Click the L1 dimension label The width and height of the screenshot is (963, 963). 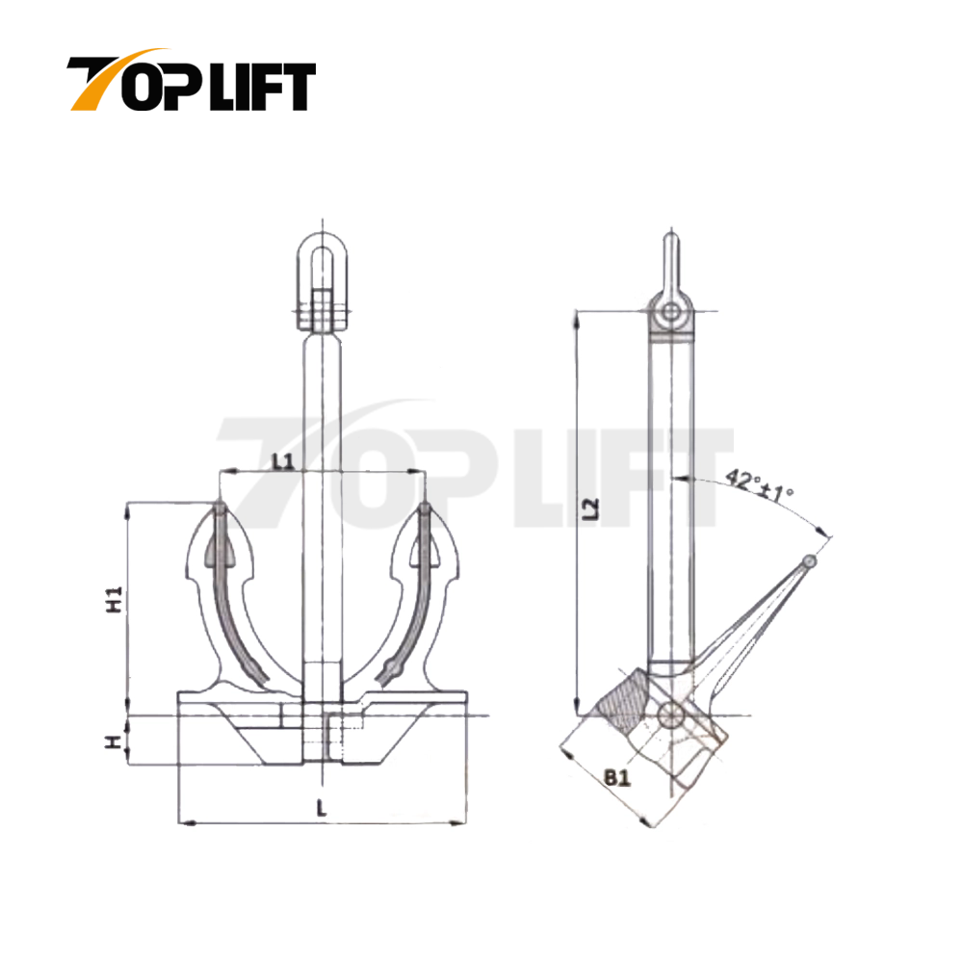coord(281,460)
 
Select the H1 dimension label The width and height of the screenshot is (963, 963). coord(114,601)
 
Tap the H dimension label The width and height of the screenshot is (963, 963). coord(114,742)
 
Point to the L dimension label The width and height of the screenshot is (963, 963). coord(321,810)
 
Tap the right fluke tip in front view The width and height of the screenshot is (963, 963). coord(425,508)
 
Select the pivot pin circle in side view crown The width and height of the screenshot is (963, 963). coord(671,715)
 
